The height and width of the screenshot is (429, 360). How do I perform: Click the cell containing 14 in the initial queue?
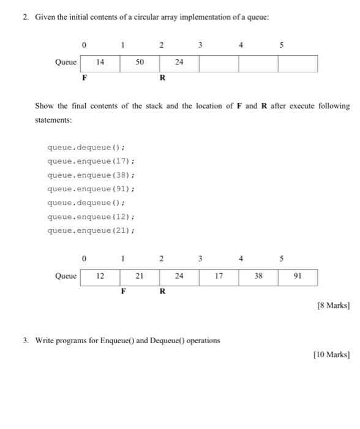pos(100,63)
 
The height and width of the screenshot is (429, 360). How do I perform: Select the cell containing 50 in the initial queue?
pos(140,63)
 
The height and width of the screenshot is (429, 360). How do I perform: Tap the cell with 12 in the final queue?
pos(100,276)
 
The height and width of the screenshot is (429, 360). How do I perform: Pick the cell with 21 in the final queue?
pos(140,276)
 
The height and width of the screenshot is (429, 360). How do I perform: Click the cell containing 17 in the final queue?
pos(219,276)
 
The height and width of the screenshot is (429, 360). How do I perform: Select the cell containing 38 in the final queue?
pos(258,276)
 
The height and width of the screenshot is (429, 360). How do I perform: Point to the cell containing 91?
pos(298,276)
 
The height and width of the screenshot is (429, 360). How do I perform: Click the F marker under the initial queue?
pos(84,78)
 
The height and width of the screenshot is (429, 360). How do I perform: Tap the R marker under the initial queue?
pos(162,78)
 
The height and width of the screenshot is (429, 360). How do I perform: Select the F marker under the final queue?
pos(123,292)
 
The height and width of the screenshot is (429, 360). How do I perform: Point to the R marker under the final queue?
pos(162,292)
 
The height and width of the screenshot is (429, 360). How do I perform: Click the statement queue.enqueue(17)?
pos(91,161)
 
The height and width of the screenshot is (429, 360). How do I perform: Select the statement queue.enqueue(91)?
pos(91,189)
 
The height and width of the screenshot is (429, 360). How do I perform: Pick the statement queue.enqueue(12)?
pos(91,217)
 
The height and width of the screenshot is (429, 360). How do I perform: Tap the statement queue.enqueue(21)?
pos(91,230)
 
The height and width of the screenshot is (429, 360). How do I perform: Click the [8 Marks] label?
pos(333,306)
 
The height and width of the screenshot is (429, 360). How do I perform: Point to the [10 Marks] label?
pos(331,354)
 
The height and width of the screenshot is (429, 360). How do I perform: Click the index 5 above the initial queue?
pos(282,45)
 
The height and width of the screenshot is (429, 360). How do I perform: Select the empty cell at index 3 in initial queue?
pos(219,63)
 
